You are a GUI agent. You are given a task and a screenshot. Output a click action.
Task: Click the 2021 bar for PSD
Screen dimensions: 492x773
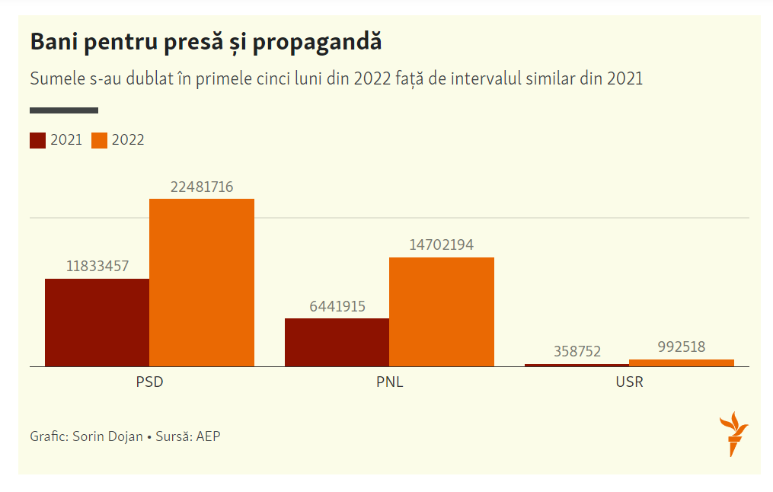point(97,322)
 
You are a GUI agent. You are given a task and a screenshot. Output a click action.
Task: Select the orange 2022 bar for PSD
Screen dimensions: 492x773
point(202,283)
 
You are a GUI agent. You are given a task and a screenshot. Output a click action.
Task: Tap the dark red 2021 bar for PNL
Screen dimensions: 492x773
point(337,342)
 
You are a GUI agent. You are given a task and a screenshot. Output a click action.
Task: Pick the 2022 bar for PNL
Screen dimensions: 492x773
point(442,311)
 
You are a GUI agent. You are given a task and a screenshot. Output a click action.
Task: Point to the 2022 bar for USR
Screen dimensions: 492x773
point(682,363)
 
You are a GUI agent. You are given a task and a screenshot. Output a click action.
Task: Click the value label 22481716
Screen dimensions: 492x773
point(202,187)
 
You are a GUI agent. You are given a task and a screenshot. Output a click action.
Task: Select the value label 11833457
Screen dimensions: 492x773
point(97,267)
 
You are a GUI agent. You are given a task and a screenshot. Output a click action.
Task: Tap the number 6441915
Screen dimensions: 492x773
point(337,306)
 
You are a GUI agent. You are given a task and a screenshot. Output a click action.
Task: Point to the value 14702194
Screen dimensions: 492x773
point(442,245)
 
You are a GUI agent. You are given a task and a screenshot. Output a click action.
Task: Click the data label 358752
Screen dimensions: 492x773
point(577,351)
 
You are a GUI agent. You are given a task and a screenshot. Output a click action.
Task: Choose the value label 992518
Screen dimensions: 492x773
point(682,347)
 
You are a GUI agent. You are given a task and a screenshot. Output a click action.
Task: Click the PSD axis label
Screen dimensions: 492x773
point(149,382)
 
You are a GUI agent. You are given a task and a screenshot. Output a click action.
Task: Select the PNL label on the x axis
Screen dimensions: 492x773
point(390,382)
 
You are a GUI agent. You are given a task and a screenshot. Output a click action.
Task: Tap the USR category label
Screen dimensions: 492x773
point(629,382)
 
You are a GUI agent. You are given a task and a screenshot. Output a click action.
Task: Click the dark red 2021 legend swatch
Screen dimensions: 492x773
point(38,140)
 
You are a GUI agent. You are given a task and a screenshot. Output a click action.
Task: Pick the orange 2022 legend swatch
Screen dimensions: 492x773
point(99,140)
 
